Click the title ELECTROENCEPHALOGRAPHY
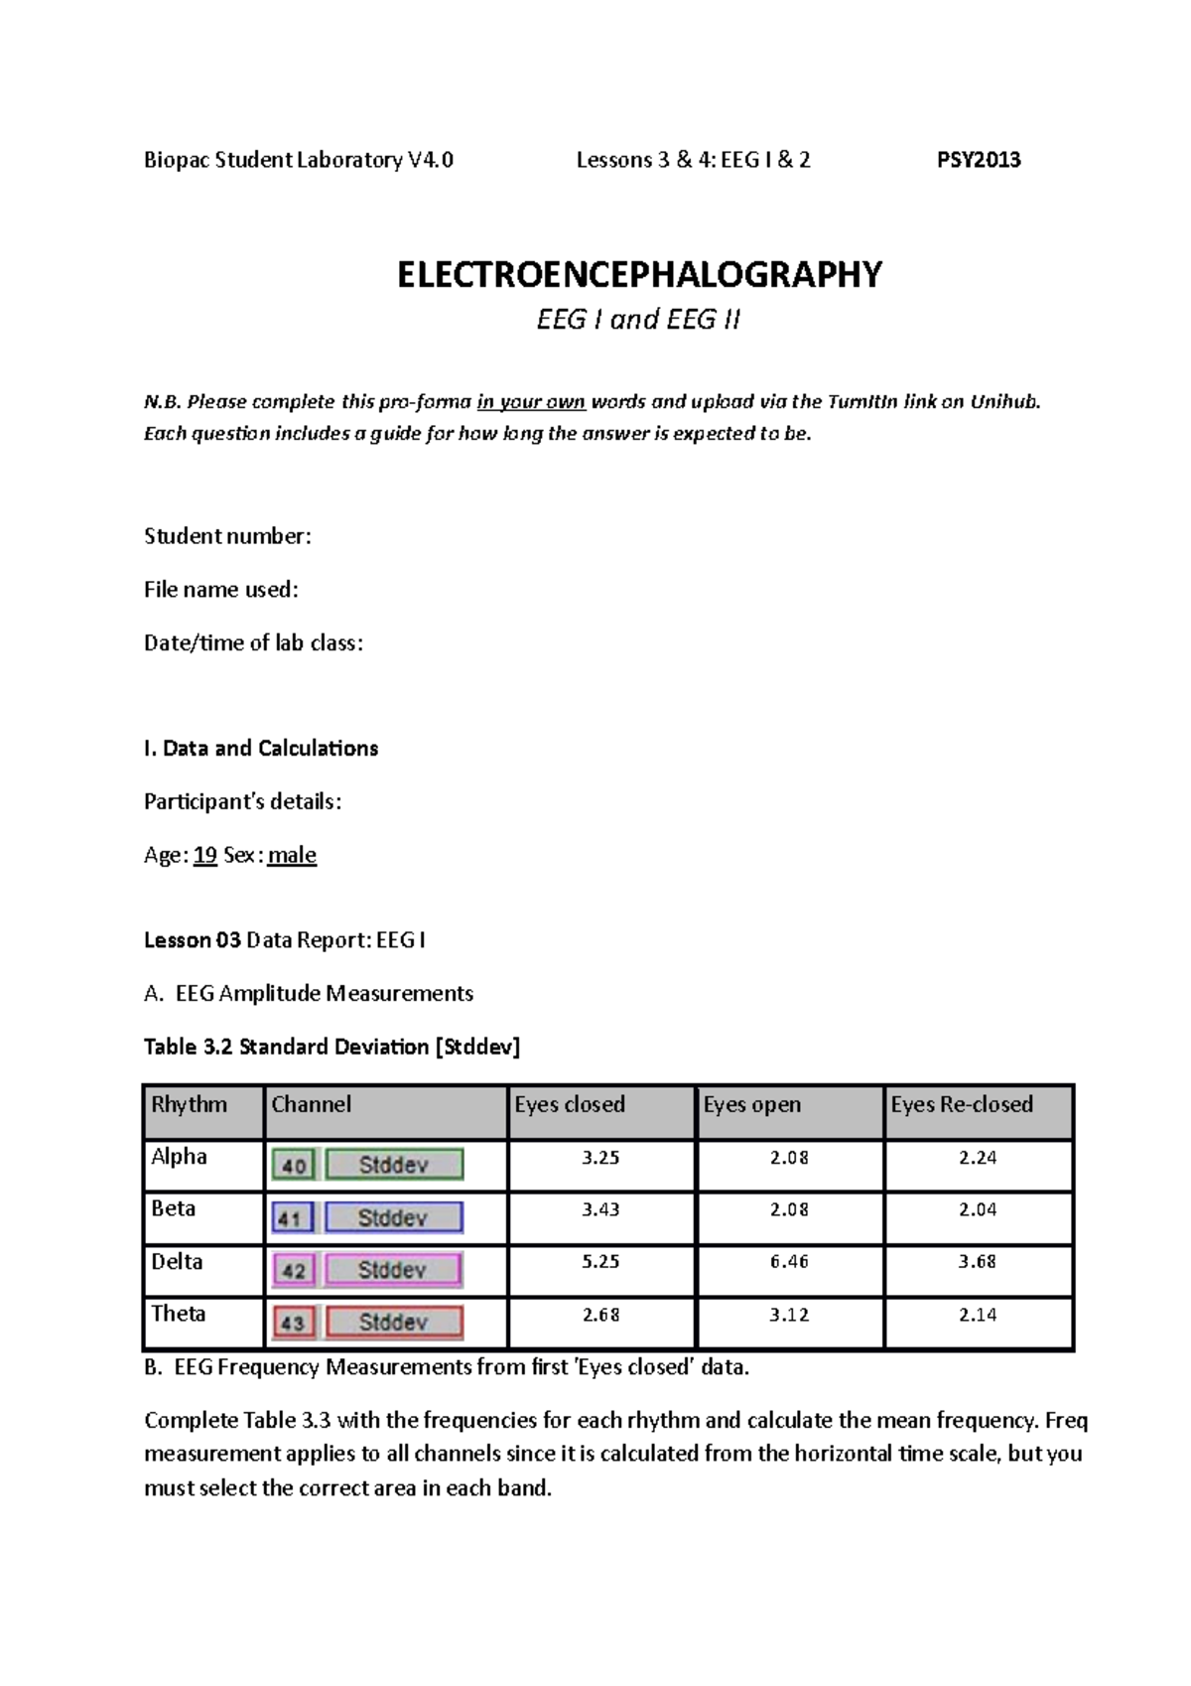[638, 274]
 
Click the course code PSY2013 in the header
[979, 160]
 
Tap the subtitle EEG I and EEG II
[638, 321]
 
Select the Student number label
[227, 536]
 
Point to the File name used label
[220, 590]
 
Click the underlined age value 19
[205, 855]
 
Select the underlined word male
[292, 855]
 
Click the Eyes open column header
[751, 1104]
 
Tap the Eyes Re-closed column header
[961, 1104]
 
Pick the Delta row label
[177, 1261]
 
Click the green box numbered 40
[294, 1166]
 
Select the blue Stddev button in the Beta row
[393, 1217]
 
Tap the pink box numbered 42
[294, 1270]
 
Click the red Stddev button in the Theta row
[393, 1322]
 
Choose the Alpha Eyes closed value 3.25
[601, 1158]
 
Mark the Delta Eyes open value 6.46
[789, 1262]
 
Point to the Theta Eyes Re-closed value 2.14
[978, 1315]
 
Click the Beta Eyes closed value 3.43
[601, 1209]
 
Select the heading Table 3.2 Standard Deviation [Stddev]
[331, 1047]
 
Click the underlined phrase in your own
[531, 402]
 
